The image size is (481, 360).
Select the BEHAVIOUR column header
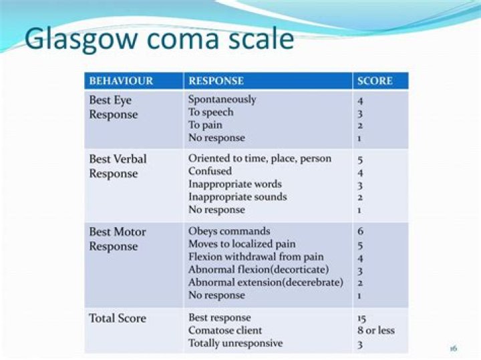point(121,81)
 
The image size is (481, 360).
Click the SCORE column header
point(375,81)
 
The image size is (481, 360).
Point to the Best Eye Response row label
point(113,107)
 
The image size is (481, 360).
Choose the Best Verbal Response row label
point(118,166)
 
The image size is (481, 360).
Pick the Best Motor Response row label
point(117,239)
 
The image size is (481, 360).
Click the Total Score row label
point(118,318)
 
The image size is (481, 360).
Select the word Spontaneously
point(222,100)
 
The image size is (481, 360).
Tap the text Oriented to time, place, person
point(260,159)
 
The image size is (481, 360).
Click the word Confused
point(210,172)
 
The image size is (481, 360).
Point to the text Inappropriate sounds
point(237,197)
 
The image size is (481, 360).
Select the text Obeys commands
point(229,232)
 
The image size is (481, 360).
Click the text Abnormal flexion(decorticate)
point(259,270)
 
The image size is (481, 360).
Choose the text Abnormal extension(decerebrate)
point(265,283)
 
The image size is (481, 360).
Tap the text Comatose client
point(225,331)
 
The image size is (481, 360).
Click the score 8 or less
point(376,331)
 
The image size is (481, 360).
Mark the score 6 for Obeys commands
point(361,232)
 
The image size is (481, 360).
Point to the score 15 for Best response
point(362,318)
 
